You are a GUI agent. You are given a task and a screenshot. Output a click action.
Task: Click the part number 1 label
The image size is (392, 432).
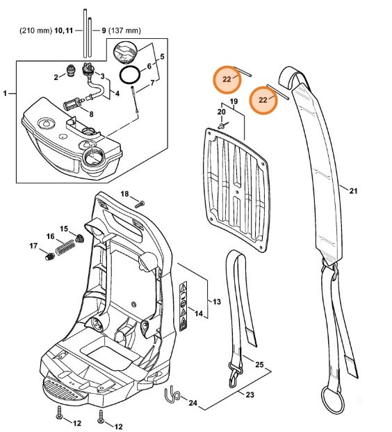point(6,92)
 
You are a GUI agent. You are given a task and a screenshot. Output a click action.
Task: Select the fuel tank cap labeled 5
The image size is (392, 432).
point(126,52)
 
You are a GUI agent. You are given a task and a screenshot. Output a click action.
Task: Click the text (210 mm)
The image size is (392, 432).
point(34,31)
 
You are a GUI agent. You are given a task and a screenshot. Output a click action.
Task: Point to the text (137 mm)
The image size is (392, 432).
point(127,31)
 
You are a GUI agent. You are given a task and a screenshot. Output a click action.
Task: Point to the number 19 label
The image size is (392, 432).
point(234,102)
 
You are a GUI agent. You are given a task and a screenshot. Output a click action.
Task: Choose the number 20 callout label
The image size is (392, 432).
point(221,111)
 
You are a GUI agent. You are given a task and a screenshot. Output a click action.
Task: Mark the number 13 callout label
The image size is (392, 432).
point(217,301)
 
